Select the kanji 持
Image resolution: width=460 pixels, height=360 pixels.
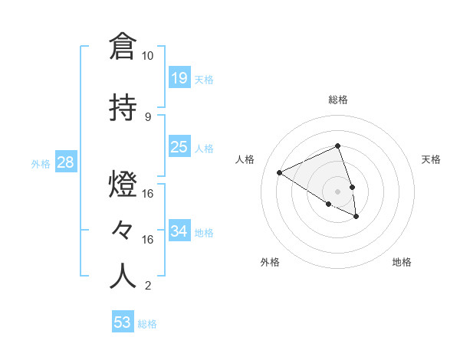pos(123,107)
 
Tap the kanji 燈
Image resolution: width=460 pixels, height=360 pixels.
pos(123,185)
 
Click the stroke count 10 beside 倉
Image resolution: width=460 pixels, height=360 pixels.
pos(148,56)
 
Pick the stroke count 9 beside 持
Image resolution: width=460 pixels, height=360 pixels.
pos(148,116)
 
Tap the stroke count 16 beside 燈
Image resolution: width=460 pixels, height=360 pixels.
pos(148,193)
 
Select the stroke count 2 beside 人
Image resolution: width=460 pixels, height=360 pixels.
pos(148,286)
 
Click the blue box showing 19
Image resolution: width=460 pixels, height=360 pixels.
pos(179,77)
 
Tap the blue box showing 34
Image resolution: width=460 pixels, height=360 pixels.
pos(179,231)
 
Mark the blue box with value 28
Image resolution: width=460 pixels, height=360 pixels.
pos(65,162)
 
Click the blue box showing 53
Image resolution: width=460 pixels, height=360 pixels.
pos(123,322)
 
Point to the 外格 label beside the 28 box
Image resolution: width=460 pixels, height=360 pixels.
pos(41,163)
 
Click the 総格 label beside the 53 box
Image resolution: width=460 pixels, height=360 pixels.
pos(147,324)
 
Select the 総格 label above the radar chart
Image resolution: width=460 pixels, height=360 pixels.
pos(338,100)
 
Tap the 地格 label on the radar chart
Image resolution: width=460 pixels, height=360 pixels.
pos(402,262)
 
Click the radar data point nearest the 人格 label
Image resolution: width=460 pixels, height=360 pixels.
pos(280,172)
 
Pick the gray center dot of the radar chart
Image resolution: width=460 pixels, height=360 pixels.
pos(337,191)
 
